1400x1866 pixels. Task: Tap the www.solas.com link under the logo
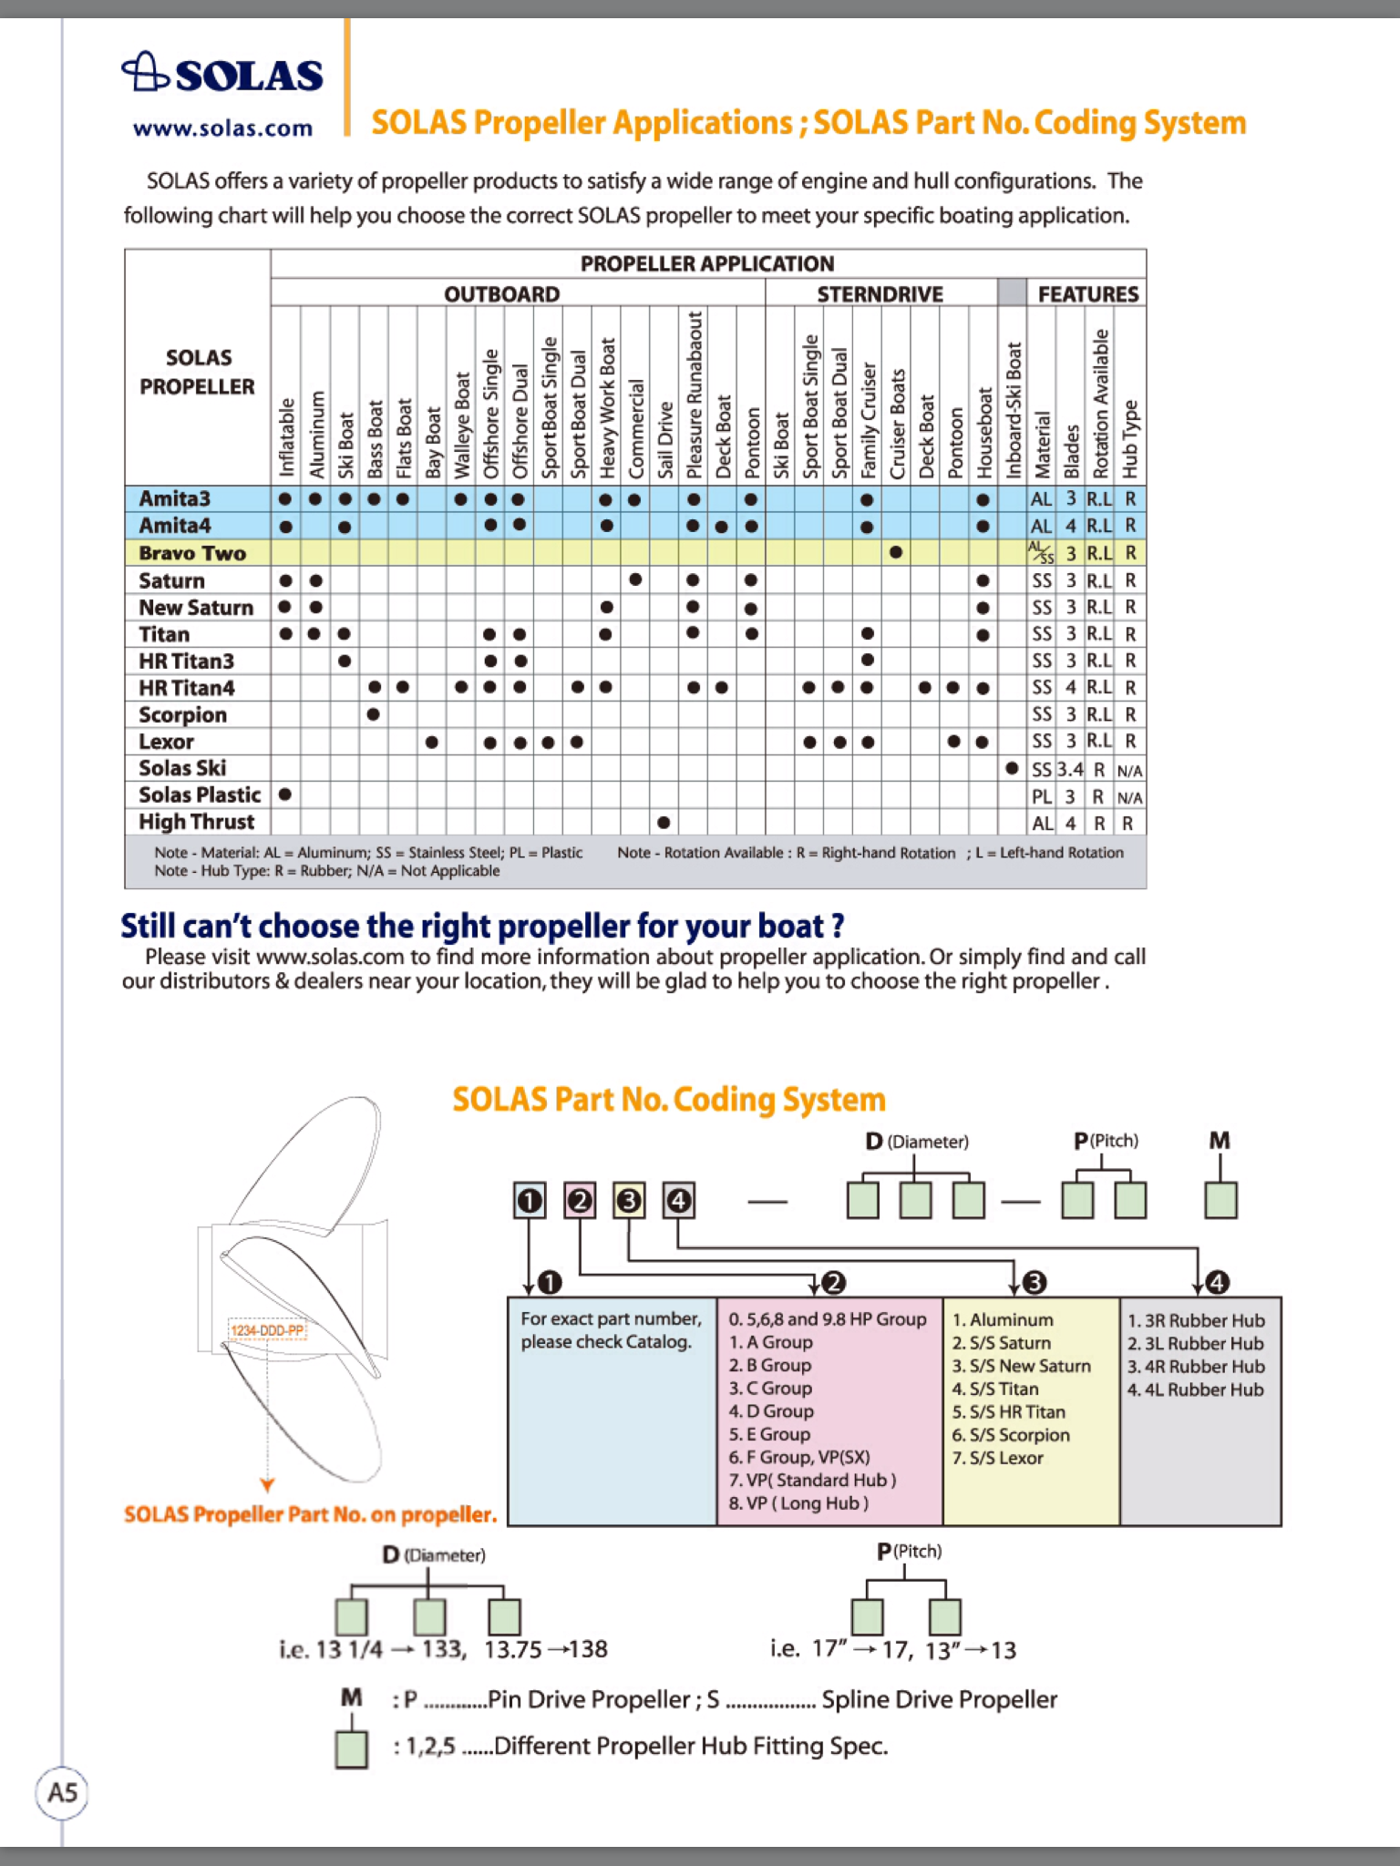pyautogui.click(x=222, y=128)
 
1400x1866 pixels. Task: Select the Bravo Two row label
pyautogui.click(x=192, y=553)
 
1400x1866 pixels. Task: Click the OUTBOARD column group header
pyautogui.click(x=501, y=294)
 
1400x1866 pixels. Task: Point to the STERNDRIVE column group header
pyautogui.click(x=880, y=294)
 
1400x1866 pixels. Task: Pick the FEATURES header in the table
pyautogui.click(x=1087, y=294)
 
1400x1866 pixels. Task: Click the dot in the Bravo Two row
pyautogui.click(x=896, y=552)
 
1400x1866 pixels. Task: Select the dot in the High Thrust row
pyautogui.click(x=664, y=823)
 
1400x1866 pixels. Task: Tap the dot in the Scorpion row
pyautogui.click(x=373, y=714)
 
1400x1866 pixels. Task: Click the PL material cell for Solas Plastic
pyautogui.click(x=1041, y=797)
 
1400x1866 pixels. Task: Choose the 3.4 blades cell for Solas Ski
pyautogui.click(x=1070, y=770)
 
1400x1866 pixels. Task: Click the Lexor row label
pyautogui.click(x=166, y=742)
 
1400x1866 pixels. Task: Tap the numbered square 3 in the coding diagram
pyautogui.click(x=629, y=1201)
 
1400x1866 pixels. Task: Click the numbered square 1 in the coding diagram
pyautogui.click(x=530, y=1201)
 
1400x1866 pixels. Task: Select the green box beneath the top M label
pyautogui.click(x=1220, y=1200)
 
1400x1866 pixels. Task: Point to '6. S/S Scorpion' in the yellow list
pyautogui.click(x=1011, y=1435)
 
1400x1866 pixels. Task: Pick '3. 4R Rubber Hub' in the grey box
pyautogui.click(x=1196, y=1367)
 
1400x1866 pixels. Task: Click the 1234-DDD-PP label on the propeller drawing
pyautogui.click(x=267, y=1331)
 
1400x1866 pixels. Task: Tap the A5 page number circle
pyautogui.click(x=62, y=1793)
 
